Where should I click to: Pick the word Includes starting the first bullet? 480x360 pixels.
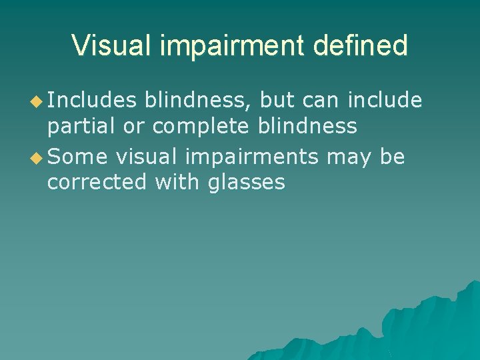click(92, 100)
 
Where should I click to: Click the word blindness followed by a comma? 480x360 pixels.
click(198, 100)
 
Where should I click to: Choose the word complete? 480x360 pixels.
click(200, 125)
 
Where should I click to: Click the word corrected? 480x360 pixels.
click(97, 181)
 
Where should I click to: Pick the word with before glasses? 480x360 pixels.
click(177, 181)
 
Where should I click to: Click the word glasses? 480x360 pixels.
click(247, 181)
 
